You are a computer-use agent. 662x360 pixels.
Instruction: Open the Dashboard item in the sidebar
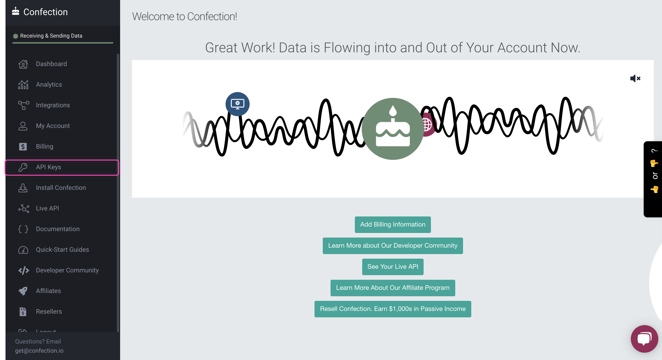point(51,64)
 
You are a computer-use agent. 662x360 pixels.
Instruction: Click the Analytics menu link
point(49,84)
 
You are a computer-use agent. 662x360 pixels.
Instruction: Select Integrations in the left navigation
point(53,105)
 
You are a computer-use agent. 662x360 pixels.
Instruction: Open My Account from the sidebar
point(53,126)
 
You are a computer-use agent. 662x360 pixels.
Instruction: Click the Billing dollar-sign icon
point(23,147)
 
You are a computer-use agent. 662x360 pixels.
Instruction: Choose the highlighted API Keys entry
point(62,167)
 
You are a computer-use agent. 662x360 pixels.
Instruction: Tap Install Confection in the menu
point(61,188)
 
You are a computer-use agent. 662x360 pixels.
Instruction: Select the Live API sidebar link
point(47,208)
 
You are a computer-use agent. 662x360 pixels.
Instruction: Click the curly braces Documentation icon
point(23,229)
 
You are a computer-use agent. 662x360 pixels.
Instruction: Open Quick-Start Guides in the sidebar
point(62,250)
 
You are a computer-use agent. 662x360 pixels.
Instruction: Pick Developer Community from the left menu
point(67,270)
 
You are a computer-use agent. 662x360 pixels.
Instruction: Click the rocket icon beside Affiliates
point(23,291)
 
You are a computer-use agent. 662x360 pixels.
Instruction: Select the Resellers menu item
point(49,312)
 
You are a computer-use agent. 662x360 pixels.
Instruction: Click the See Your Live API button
point(393,267)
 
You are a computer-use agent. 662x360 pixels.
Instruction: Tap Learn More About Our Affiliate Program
point(393,288)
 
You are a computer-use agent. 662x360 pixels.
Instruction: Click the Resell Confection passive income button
point(393,309)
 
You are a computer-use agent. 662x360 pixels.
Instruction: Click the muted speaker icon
point(635,78)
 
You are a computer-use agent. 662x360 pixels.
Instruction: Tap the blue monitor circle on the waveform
point(237,104)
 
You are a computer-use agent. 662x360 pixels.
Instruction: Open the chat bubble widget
point(644,339)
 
